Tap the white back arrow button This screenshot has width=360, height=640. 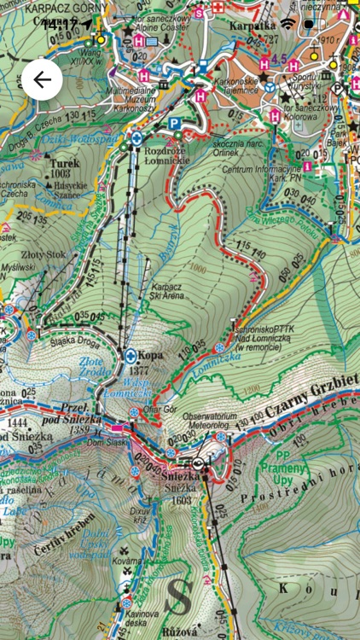(x=42, y=81)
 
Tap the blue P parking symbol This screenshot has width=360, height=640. (x=174, y=124)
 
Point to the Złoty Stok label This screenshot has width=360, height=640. (x=43, y=253)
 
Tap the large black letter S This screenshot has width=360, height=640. (x=177, y=598)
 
